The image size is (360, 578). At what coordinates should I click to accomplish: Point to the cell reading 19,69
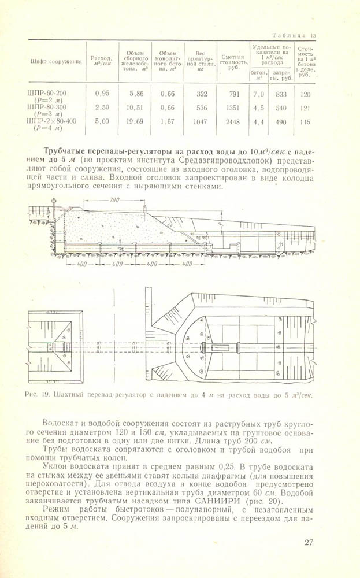[136, 121]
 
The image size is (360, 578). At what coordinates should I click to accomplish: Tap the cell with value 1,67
[168, 121]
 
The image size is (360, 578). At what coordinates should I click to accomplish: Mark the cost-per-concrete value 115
[306, 121]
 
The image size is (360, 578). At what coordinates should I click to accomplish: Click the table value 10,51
[136, 108]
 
